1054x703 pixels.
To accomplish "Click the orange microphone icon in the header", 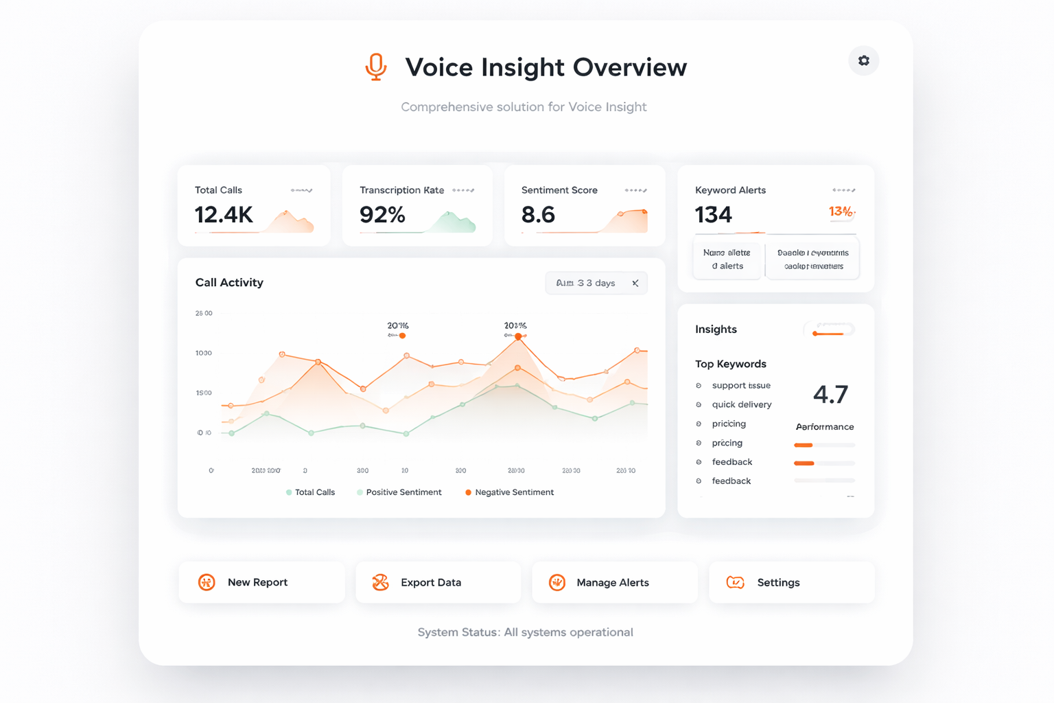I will pyautogui.click(x=375, y=67).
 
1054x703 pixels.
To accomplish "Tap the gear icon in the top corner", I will pyautogui.click(x=863, y=61).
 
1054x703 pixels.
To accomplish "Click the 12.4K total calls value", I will pyautogui.click(x=224, y=215).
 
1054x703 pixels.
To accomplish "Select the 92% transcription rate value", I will pyautogui.click(x=382, y=215).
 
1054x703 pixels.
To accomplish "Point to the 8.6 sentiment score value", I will pyautogui.click(x=538, y=215).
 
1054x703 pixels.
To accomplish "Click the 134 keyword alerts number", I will pyautogui.click(x=714, y=215).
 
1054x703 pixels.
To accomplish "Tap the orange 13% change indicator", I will pyautogui.click(x=841, y=211).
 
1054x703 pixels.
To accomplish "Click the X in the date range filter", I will pyautogui.click(x=635, y=283).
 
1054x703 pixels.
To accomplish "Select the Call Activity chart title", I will pyautogui.click(x=229, y=282).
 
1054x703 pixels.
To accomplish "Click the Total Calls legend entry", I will pyautogui.click(x=311, y=492).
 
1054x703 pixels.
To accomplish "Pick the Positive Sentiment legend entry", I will pyautogui.click(x=399, y=492).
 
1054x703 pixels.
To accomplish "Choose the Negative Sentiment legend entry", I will pyautogui.click(x=510, y=492).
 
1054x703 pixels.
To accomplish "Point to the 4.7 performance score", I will pyautogui.click(x=830, y=395).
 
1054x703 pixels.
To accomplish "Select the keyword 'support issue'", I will pyautogui.click(x=741, y=386).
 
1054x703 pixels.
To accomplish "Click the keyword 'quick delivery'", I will pyautogui.click(x=742, y=404).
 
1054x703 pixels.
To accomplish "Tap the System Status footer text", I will pyautogui.click(x=525, y=632).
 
